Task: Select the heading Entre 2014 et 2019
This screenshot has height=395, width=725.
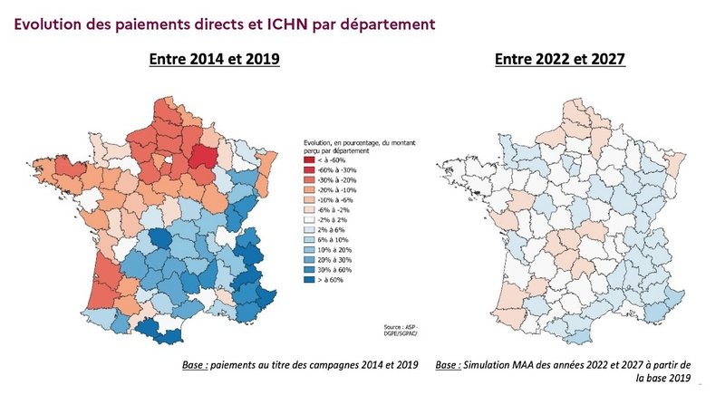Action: [x=214, y=59]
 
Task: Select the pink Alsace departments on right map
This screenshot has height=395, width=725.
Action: [x=676, y=163]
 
